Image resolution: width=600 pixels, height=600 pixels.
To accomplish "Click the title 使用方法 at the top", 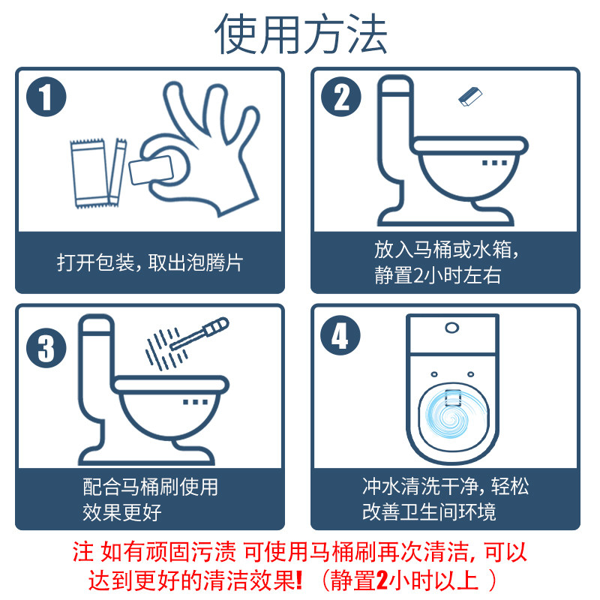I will (301, 34).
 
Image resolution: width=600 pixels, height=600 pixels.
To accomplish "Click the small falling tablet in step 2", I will (470, 97).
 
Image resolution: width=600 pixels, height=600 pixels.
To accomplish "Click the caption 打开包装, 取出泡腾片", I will (149, 262).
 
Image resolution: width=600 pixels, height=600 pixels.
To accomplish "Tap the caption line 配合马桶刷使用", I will (150, 487).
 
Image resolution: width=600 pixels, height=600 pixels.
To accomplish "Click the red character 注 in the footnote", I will (82, 553).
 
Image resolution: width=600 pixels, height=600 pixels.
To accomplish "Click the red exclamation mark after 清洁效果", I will (299, 580).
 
